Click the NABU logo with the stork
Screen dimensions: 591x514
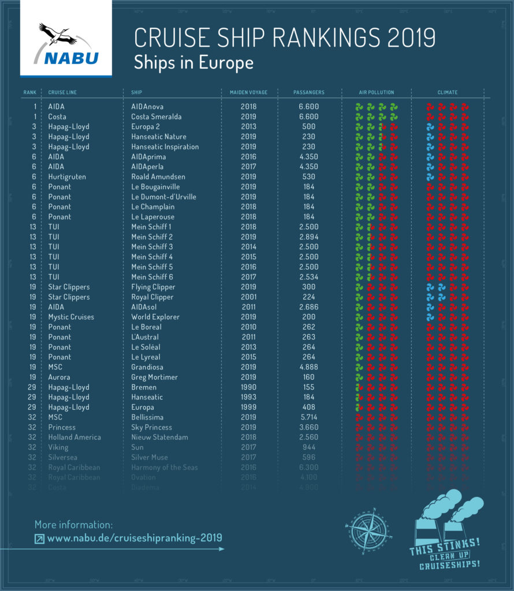[x=65, y=44]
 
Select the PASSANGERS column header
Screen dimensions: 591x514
[x=309, y=92]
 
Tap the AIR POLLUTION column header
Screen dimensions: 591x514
[x=377, y=92]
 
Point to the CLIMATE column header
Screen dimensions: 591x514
[x=448, y=92]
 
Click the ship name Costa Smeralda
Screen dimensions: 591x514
[x=156, y=117]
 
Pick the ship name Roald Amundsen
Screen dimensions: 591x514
[x=158, y=177]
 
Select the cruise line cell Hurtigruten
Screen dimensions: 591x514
[x=68, y=177]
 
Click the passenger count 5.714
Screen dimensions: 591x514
[x=308, y=417]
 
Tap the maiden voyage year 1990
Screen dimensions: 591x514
[x=248, y=387]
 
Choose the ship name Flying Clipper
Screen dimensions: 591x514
[x=154, y=287]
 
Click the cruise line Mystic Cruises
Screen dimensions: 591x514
[x=71, y=317]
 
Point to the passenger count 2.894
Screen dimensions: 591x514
[x=308, y=237]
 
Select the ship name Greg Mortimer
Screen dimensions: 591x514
[x=154, y=377]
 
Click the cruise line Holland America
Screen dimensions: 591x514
[x=75, y=437]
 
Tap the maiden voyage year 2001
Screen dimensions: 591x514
[x=248, y=297]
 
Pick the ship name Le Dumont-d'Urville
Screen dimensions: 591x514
[x=163, y=197]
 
